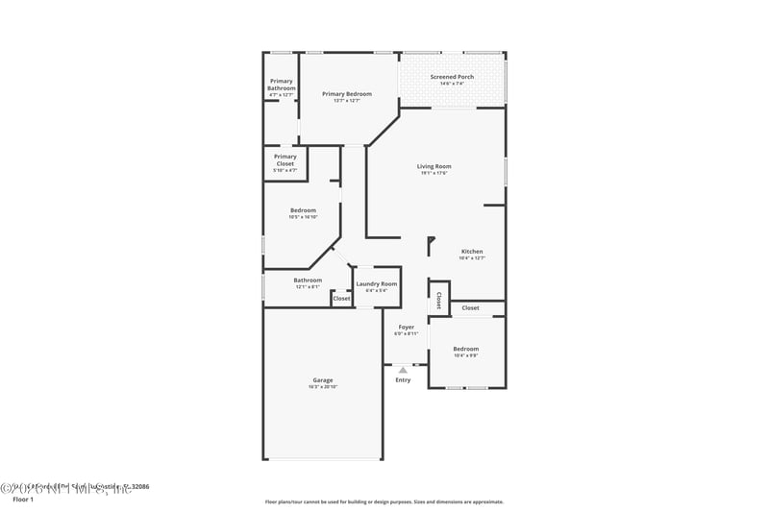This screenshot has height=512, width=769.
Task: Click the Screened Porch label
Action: click(452, 77)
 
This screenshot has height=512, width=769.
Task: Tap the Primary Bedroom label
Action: click(347, 94)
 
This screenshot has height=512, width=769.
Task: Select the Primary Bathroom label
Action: click(282, 85)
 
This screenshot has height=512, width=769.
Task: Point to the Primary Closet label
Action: click(285, 160)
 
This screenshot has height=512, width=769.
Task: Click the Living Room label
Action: click(434, 166)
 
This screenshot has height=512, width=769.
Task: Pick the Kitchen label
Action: click(472, 252)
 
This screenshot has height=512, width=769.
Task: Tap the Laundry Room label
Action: click(376, 283)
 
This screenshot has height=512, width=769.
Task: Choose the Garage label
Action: click(323, 379)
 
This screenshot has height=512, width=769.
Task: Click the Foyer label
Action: click(407, 327)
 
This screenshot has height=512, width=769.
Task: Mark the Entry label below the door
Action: click(403, 380)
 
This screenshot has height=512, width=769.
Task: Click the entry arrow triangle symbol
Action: click(403, 368)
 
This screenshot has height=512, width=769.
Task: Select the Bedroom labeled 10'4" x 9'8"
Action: click(466, 349)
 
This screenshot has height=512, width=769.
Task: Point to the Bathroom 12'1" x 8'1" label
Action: click(309, 280)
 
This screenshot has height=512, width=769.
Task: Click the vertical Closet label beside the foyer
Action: click(439, 299)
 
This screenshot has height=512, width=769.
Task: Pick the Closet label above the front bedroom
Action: click(470, 307)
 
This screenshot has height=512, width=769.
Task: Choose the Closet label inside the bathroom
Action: click(341, 299)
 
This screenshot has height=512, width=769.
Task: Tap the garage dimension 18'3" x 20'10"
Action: click(323, 387)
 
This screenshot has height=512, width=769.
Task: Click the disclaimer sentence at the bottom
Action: click(384, 501)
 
